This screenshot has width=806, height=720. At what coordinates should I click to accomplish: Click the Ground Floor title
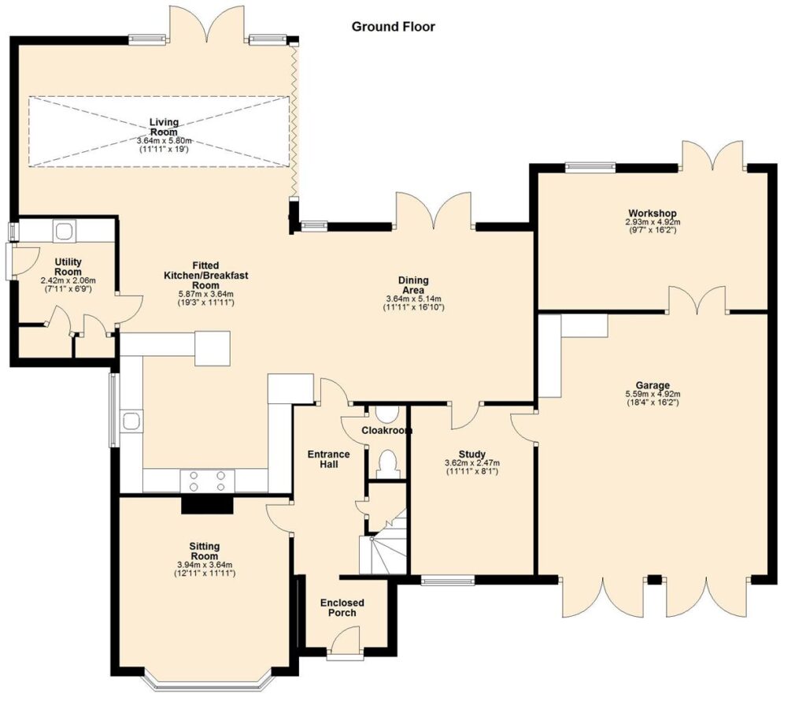(x=394, y=27)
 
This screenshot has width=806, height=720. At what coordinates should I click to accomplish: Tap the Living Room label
(x=164, y=127)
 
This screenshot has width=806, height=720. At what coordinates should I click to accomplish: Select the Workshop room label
(x=653, y=213)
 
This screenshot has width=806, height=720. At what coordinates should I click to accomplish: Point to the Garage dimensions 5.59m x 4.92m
(x=653, y=394)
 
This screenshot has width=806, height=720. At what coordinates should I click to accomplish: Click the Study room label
(x=472, y=454)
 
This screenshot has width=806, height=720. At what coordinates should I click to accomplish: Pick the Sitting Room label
(x=205, y=551)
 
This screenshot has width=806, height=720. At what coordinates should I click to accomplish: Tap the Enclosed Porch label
(x=342, y=607)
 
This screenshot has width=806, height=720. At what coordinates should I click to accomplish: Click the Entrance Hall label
(x=328, y=458)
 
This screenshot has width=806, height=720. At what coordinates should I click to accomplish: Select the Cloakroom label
(x=387, y=430)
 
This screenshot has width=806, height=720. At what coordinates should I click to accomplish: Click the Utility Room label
(x=68, y=267)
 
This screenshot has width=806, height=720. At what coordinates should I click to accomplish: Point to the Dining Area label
(x=413, y=285)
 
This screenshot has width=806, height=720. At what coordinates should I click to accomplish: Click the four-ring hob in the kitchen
(x=207, y=481)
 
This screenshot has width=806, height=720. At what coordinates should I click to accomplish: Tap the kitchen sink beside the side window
(x=131, y=421)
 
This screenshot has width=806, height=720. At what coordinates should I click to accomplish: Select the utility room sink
(x=65, y=231)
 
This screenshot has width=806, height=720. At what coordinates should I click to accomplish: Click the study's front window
(x=448, y=581)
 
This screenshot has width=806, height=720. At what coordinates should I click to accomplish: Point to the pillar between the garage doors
(x=654, y=580)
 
